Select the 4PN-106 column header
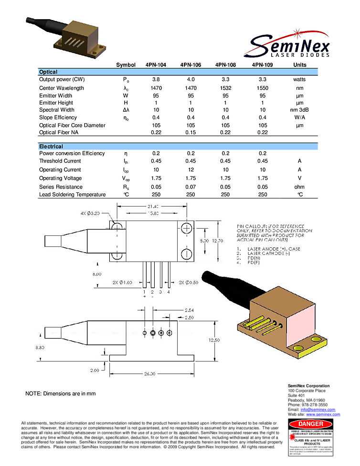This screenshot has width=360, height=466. [191, 65]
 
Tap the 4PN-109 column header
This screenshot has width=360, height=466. [262, 65]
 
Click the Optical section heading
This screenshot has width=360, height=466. [48, 72]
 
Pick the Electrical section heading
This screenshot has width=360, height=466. [51, 147]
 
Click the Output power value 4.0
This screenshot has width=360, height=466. [191, 79]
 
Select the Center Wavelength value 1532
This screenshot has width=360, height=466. [225, 88]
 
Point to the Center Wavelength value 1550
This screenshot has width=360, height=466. [262, 88]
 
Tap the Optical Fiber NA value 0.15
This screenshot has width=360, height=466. [191, 132]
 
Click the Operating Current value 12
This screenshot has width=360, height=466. [191, 169]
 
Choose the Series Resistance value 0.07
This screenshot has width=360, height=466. [191, 187]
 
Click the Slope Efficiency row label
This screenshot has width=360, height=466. [58, 117]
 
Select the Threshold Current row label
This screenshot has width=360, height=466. [60, 161]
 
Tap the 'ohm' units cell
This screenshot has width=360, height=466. [299, 187]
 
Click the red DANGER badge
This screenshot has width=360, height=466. [311, 424]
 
